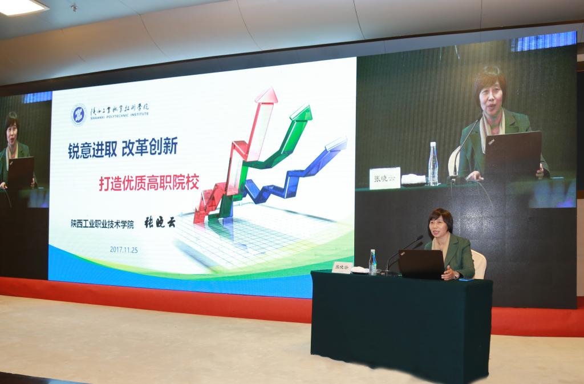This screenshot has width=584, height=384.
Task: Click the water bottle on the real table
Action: pyautogui.click(x=372, y=262)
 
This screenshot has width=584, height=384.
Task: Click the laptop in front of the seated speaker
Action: pyautogui.click(x=421, y=264)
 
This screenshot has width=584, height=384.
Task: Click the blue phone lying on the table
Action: pyautogui.click(x=465, y=279)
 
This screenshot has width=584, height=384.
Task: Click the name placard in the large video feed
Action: pyautogui.click(x=384, y=178)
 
